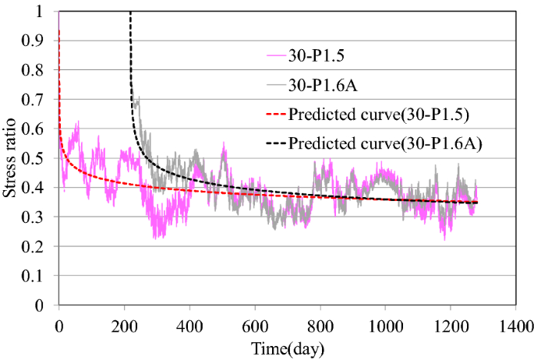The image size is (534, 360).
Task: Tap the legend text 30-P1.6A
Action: [x=323, y=85]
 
